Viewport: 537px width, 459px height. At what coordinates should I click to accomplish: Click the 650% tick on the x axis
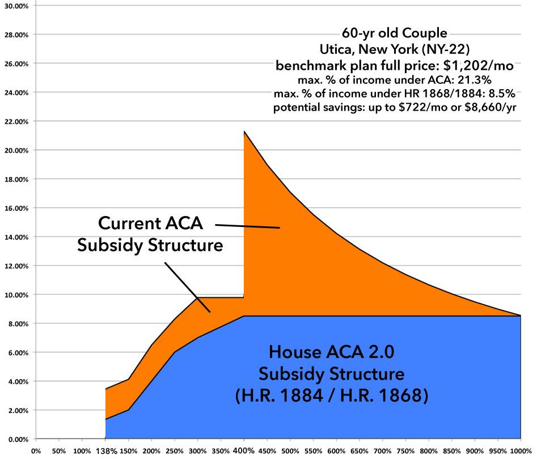[358, 451]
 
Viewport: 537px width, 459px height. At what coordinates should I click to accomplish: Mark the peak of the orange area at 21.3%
[244, 132]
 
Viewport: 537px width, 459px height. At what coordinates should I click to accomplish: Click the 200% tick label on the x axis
[151, 451]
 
